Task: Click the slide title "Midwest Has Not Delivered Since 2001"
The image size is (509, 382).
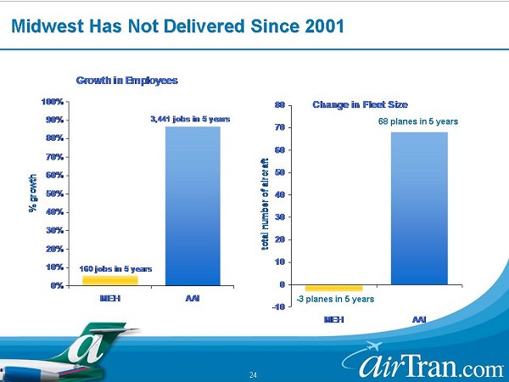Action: pos(176,25)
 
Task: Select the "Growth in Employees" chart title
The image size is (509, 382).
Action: pos(126,81)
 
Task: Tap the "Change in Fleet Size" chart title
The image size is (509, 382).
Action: pos(360,104)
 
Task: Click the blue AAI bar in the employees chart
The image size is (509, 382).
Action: pos(193,205)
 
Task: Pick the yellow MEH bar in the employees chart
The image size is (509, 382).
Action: pos(109,280)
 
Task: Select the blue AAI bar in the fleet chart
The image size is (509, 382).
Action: pos(418,208)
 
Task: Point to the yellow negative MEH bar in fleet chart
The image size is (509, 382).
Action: pos(333,289)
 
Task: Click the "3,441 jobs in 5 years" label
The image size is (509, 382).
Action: pos(190,119)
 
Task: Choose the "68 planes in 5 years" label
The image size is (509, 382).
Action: pos(417,122)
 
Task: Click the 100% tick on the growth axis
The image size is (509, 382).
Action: pos(52,102)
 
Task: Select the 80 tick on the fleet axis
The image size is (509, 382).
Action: pos(279,105)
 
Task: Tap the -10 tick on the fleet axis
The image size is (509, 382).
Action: pos(277,307)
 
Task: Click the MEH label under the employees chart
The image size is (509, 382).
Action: pos(109,299)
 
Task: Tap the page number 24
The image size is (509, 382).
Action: pos(253,374)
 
